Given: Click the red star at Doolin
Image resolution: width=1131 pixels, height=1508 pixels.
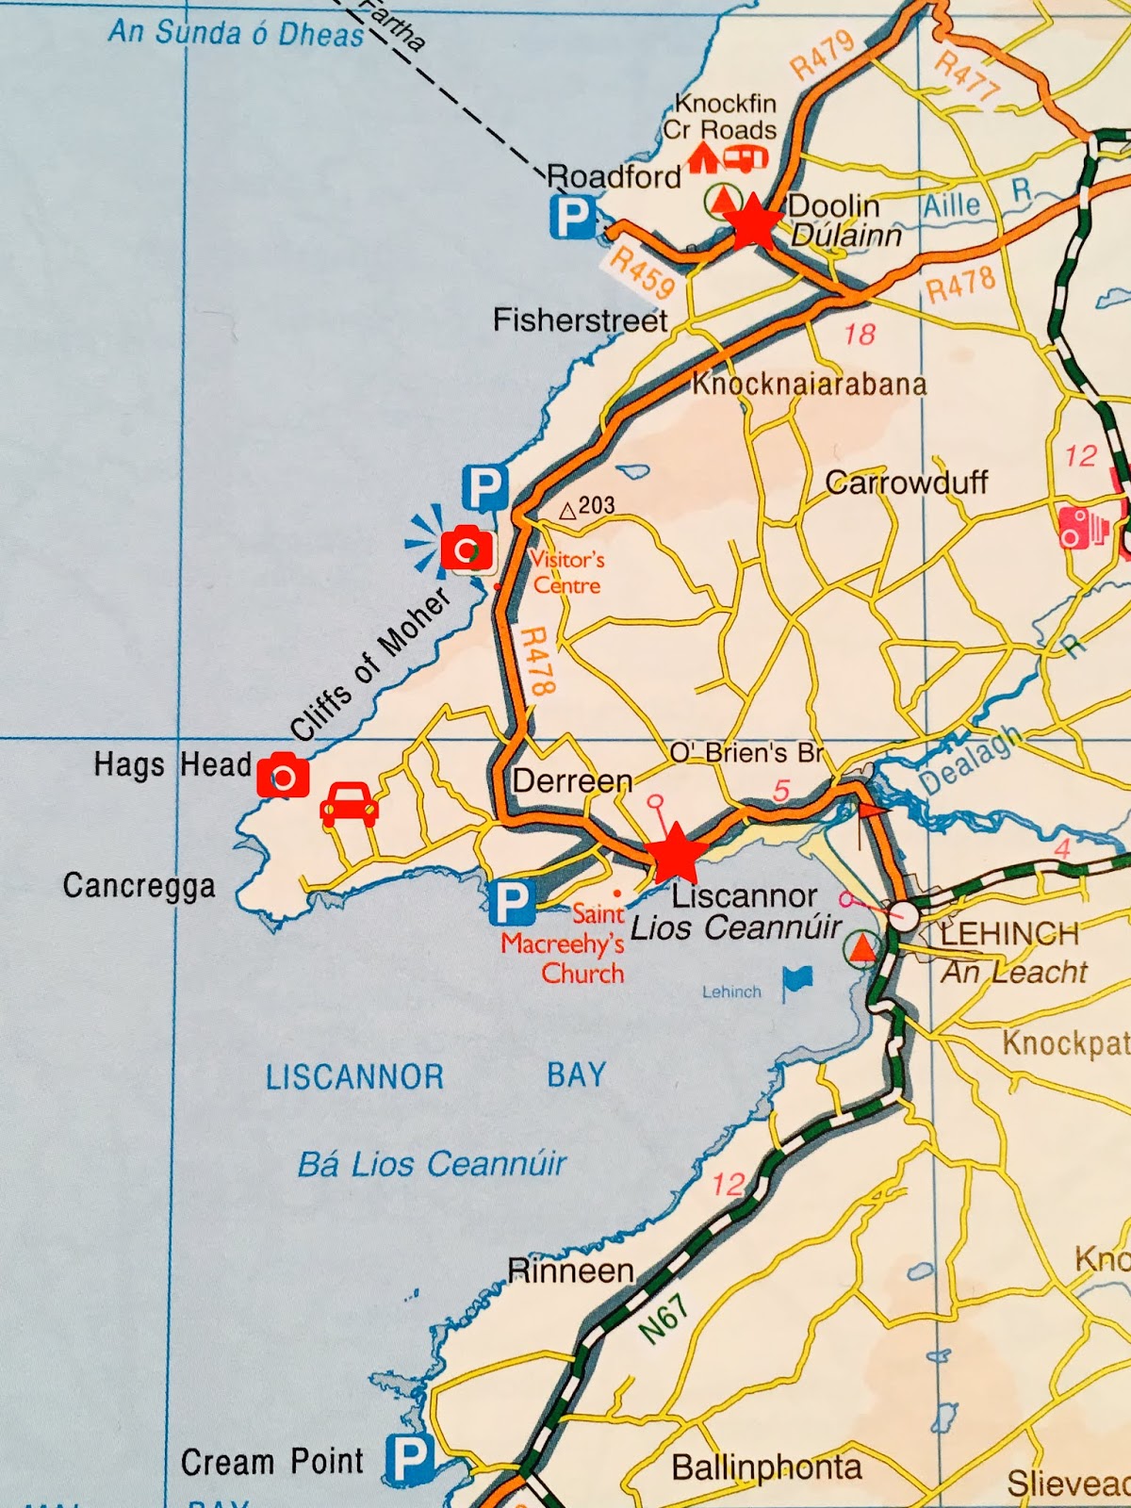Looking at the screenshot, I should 753,222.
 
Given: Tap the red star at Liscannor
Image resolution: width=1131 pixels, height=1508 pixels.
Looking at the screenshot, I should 675,854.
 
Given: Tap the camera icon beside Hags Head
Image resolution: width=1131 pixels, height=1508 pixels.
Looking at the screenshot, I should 283,777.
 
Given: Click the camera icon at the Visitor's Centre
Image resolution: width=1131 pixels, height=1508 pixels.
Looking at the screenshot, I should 467,549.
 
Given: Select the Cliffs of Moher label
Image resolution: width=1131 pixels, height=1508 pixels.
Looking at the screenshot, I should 369,665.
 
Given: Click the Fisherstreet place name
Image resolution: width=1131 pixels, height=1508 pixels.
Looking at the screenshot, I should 580,320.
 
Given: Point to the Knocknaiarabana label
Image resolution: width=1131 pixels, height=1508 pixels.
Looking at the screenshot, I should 810,385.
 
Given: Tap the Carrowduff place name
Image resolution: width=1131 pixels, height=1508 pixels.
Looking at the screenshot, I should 906,483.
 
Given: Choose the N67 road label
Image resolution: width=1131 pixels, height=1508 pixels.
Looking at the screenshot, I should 664,1318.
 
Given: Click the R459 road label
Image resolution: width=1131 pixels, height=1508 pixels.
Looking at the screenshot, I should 642,272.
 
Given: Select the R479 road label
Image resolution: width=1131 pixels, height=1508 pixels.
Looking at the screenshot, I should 822,55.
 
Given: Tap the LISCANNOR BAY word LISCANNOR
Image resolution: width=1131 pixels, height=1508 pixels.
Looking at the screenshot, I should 354,1076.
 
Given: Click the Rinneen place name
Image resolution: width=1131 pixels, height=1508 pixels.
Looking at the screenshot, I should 570,1270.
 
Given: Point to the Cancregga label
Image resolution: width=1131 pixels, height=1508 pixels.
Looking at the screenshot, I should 139,886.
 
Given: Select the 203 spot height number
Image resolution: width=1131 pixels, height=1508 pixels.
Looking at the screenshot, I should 596,506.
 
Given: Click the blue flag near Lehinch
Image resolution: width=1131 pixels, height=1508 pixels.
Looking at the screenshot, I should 797,981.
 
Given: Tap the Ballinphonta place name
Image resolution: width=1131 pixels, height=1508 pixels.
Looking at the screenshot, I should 766,1467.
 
